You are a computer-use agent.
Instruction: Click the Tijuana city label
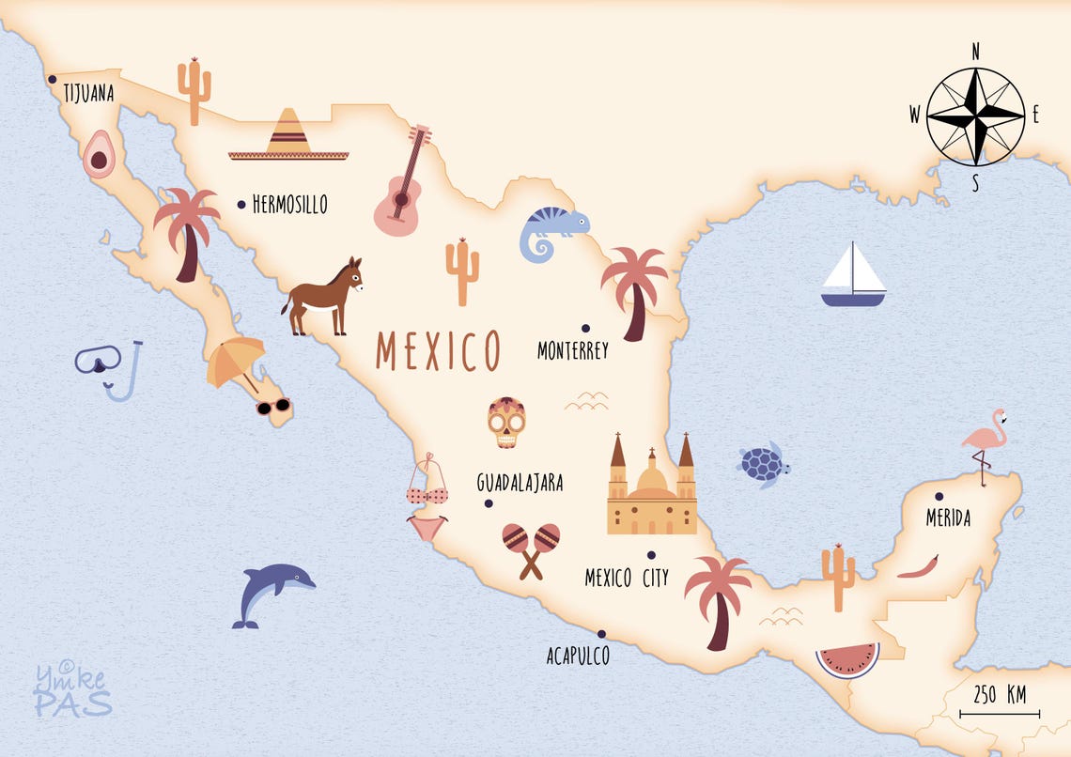[88, 93]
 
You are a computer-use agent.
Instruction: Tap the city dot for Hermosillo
[241, 203]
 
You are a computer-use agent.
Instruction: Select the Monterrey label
[573, 351]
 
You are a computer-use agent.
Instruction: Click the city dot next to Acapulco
[601, 633]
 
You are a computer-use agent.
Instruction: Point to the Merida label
[948, 518]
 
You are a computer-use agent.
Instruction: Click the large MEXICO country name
[438, 350]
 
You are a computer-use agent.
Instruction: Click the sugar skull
[506, 423]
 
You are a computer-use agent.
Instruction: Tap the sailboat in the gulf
[853, 276]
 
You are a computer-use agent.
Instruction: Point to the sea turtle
[763, 464]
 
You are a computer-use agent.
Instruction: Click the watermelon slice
[847, 659]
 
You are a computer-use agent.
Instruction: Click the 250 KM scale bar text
[1000, 695]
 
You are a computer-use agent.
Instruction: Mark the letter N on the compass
[975, 52]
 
